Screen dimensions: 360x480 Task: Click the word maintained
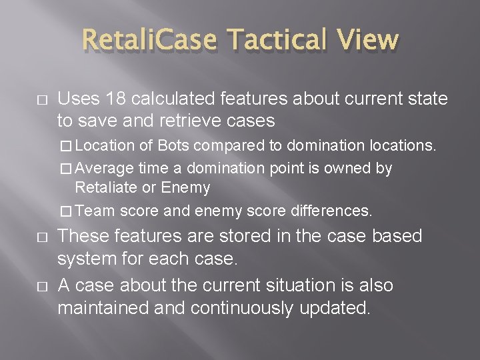pyautogui.click(x=101, y=308)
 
